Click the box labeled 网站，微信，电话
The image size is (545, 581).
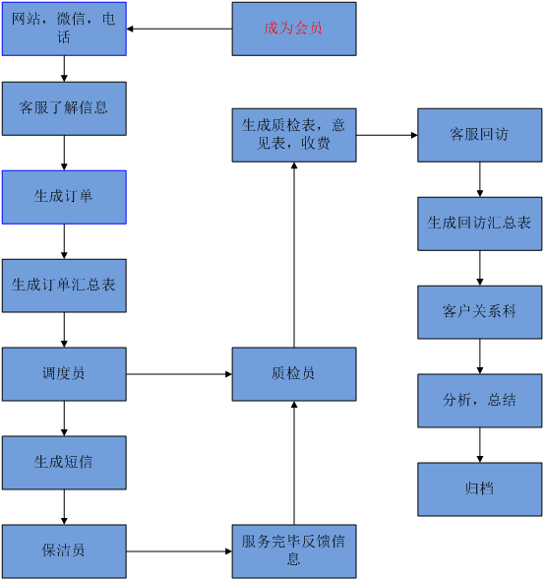click(x=64, y=29)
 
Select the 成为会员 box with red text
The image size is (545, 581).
click(x=294, y=29)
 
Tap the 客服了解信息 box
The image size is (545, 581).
click(x=64, y=107)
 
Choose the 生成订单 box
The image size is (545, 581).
click(x=64, y=196)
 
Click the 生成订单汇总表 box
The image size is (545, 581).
click(x=64, y=285)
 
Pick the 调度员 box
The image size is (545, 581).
click(x=64, y=373)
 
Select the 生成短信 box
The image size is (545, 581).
click(x=64, y=462)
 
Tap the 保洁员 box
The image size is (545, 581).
click(x=64, y=550)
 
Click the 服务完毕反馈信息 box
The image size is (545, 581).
click(x=294, y=550)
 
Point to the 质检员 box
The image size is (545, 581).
click(x=294, y=373)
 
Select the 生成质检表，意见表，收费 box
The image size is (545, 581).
click(x=294, y=135)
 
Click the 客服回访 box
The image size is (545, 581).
click(x=479, y=135)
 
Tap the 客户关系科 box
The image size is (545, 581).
click(x=479, y=312)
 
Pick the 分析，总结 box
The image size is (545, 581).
click(x=479, y=401)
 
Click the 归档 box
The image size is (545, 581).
click(x=479, y=488)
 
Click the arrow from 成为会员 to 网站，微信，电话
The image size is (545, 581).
click(x=179, y=29)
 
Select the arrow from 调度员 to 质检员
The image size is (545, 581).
click(x=179, y=374)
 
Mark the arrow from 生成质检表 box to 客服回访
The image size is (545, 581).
click(x=387, y=135)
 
